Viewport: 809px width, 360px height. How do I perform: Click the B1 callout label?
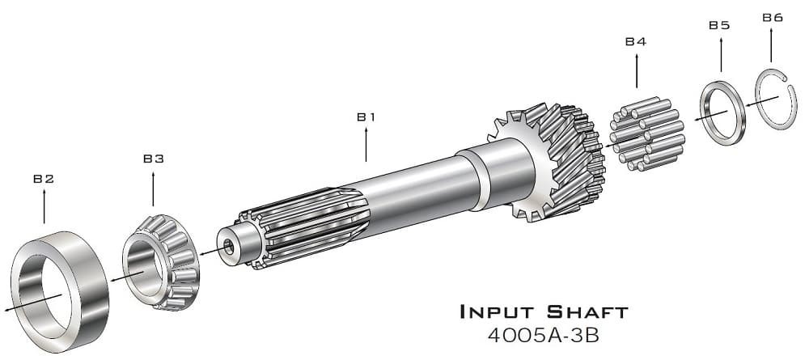pos(366,117)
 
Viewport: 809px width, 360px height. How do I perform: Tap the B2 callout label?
pos(44,179)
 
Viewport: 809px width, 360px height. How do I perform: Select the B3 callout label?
pos(153,159)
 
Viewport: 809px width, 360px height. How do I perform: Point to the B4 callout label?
pos(636,42)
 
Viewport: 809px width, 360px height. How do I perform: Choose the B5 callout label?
pos(719,25)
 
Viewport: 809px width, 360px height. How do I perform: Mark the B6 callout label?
pos(773,18)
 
